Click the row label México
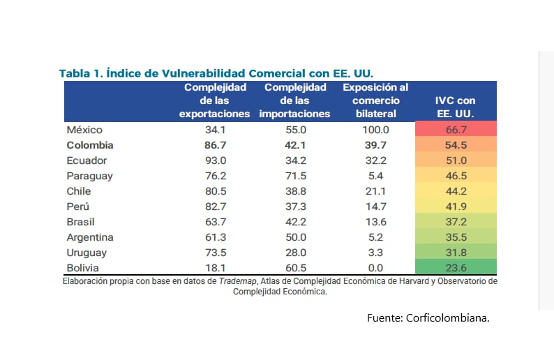click(84, 130)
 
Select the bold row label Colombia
click(89, 145)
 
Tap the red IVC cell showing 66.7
click(456, 130)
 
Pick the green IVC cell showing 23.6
click(456, 268)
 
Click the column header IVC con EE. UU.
click(456, 107)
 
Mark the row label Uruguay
click(87, 253)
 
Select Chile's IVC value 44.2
click(456, 191)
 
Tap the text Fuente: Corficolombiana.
click(428, 317)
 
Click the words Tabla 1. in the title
click(80, 73)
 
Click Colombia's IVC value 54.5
click(456, 145)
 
